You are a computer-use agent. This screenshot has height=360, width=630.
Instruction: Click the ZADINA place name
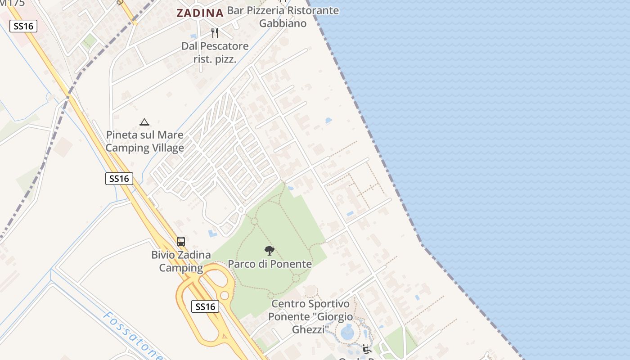click(x=200, y=13)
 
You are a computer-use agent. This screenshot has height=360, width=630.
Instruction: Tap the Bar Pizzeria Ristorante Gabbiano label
click(x=283, y=17)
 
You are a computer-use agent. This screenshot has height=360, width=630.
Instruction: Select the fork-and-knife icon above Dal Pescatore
click(x=215, y=32)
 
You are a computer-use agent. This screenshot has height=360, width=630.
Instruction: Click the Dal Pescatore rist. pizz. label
click(x=215, y=52)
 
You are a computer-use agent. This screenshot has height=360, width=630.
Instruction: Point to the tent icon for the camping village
click(x=144, y=122)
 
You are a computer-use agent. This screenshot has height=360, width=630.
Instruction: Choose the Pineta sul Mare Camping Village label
click(x=144, y=141)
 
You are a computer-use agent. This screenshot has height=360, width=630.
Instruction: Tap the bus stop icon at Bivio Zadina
click(x=181, y=241)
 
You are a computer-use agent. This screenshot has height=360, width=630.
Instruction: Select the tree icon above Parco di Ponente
click(x=269, y=251)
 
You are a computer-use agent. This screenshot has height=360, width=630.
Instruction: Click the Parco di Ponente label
click(x=270, y=264)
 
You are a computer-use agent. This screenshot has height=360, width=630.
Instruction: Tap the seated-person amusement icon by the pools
click(x=366, y=349)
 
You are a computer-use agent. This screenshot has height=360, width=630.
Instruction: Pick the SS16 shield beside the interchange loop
click(x=205, y=307)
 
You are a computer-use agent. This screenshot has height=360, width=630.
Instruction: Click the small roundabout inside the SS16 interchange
click(x=224, y=296)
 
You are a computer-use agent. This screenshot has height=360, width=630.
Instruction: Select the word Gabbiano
click(x=283, y=23)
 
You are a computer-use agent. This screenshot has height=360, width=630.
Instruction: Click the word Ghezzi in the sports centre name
click(x=309, y=329)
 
